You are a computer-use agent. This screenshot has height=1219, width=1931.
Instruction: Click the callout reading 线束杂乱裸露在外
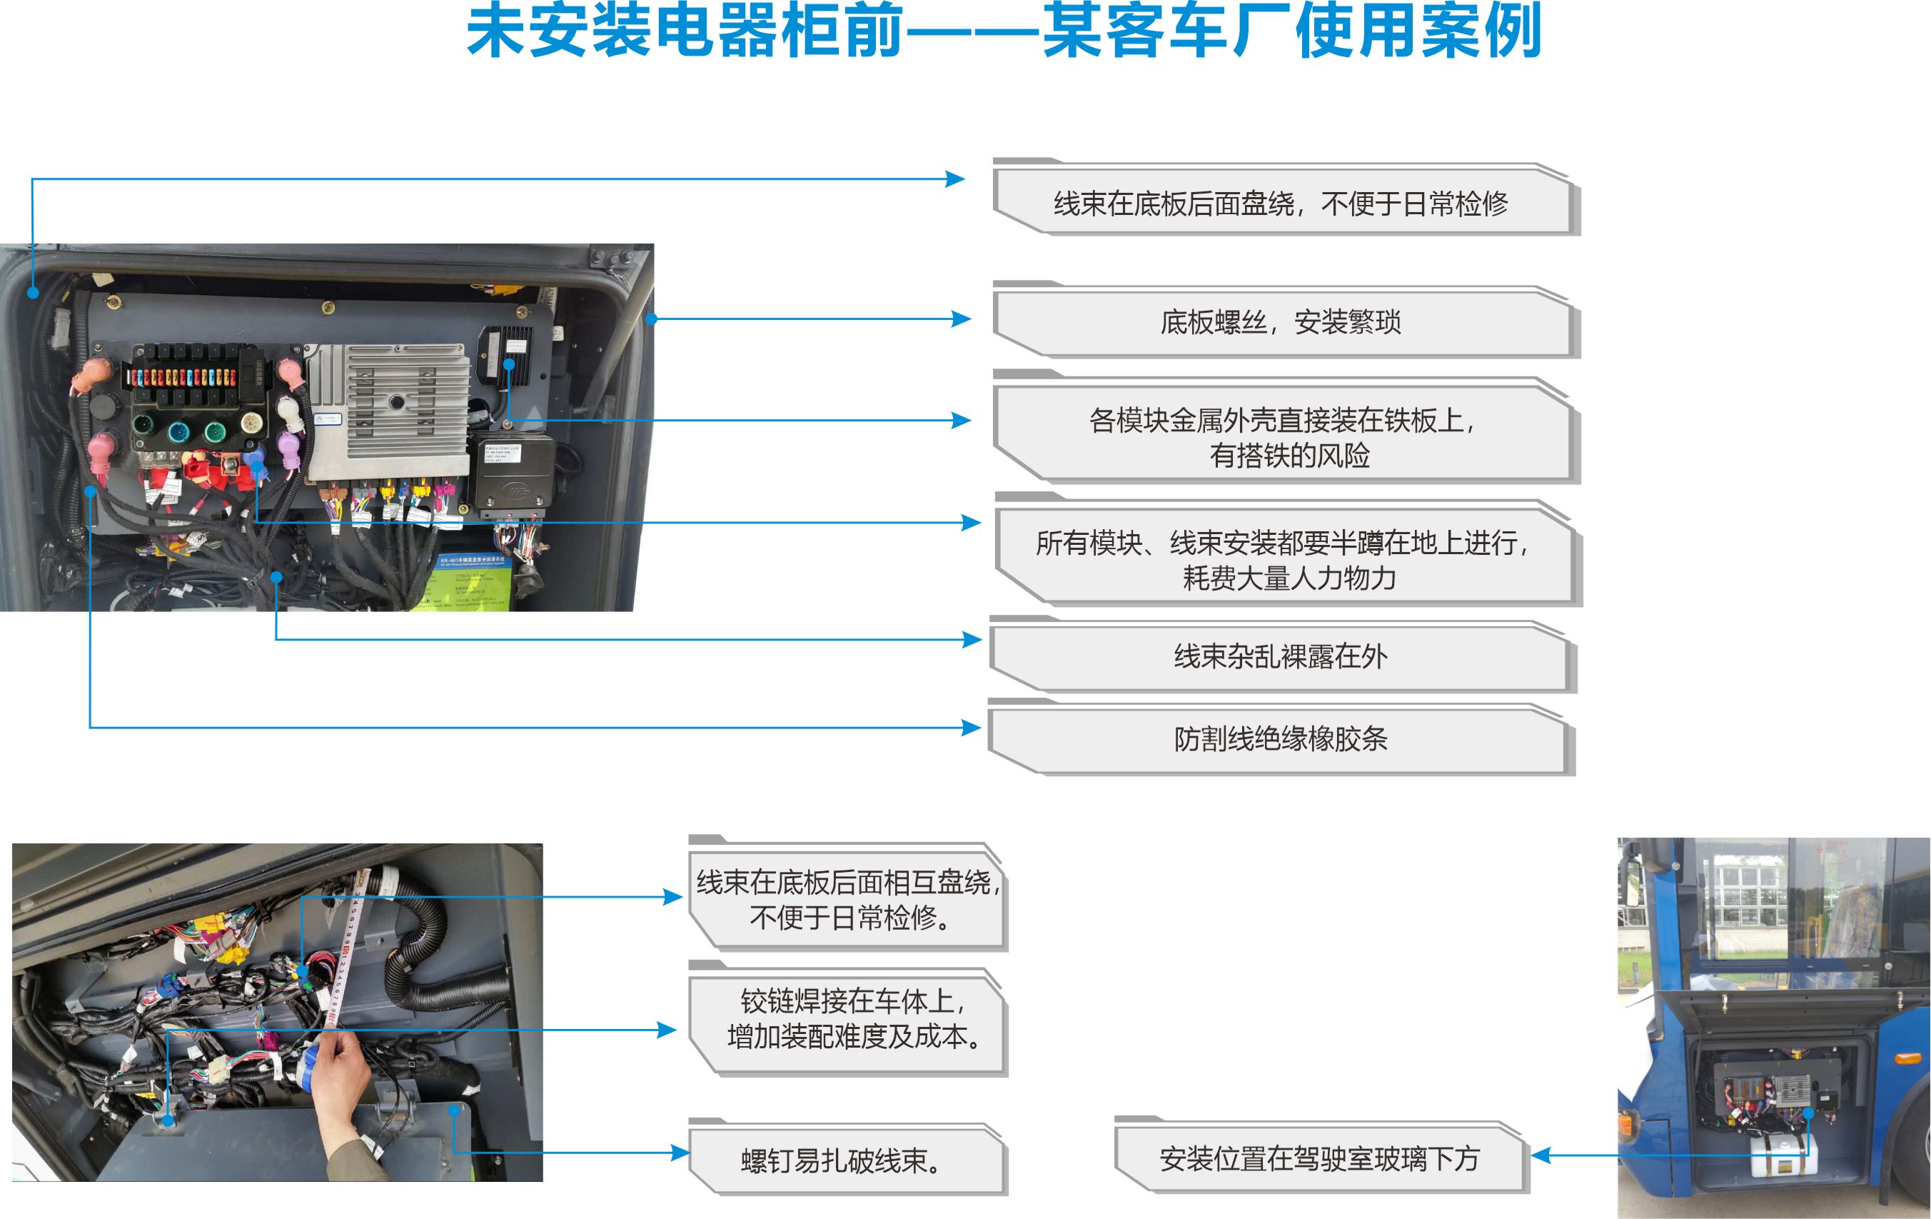coord(1280,657)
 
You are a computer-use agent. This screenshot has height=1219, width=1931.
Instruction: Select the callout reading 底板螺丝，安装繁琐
coord(1280,322)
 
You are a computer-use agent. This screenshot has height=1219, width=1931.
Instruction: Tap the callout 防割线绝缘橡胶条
coord(1280,738)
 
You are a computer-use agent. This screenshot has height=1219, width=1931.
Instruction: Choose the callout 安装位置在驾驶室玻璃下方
coord(1319,1158)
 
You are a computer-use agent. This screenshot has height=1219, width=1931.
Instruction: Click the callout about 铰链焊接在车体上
coord(846,1018)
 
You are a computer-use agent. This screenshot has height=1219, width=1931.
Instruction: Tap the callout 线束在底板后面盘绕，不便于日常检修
coord(1280,204)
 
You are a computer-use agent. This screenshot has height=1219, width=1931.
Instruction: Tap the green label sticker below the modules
coord(469,581)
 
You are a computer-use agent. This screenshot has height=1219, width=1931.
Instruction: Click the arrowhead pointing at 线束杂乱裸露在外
coord(971,639)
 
